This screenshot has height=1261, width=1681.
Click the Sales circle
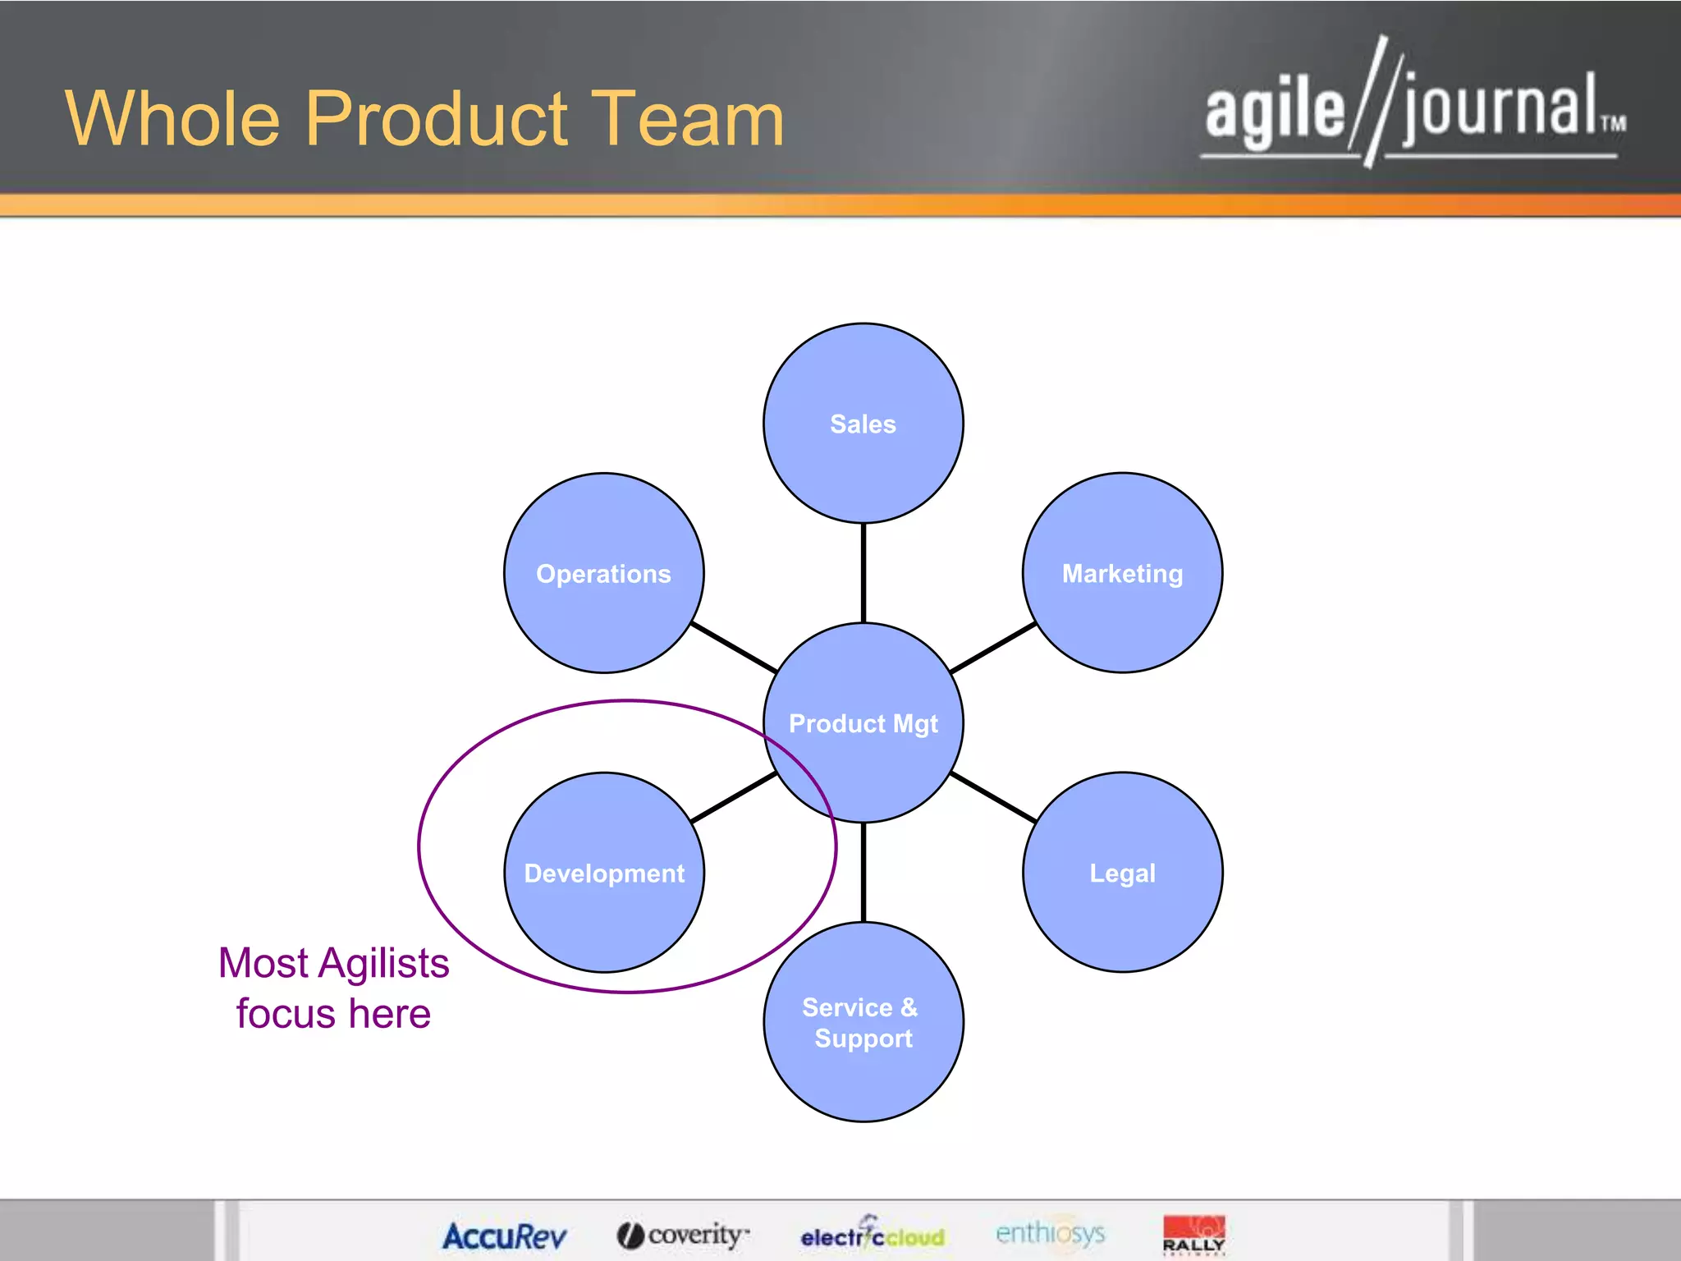click(863, 423)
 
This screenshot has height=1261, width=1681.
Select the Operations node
click(603, 573)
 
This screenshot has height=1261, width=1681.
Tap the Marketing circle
click(1122, 573)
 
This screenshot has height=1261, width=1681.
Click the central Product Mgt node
click(863, 722)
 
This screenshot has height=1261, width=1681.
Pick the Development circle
click(603, 873)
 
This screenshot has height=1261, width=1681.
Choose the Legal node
click(1122, 873)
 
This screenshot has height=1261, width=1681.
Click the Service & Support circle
click(863, 1022)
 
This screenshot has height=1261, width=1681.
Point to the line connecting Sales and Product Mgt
click(863, 572)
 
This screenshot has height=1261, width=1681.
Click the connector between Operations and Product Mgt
click(733, 647)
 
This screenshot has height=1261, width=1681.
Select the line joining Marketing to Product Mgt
click(992, 647)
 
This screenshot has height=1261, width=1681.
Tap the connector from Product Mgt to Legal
click(992, 797)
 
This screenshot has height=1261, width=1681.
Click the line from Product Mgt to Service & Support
click(863, 872)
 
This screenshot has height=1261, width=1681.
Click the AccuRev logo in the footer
click(504, 1236)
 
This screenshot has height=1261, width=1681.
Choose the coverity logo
click(683, 1234)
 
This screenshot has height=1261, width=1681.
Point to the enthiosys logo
click(1050, 1232)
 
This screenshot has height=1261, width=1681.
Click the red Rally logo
click(1193, 1234)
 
